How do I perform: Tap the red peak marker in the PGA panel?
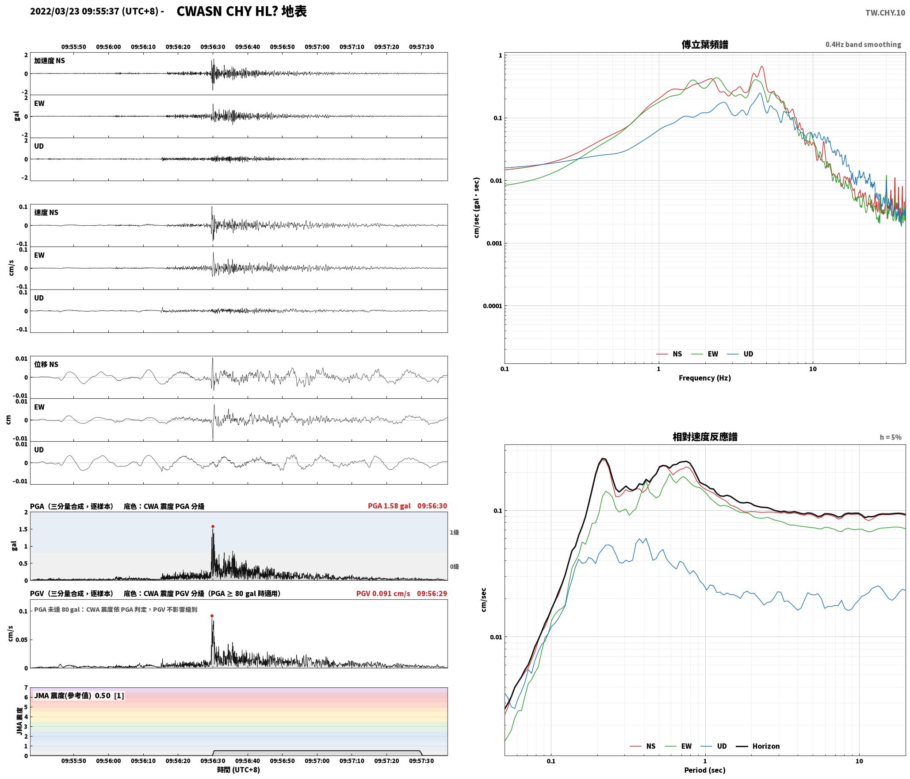point(213,527)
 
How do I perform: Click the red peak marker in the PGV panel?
point(212,616)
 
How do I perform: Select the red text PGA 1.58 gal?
point(389,506)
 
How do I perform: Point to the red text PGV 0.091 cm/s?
point(383,594)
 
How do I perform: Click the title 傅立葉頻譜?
point(705,44)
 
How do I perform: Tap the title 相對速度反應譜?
point(705,437)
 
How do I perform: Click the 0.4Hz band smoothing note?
point(863,44)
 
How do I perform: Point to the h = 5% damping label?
point(890,437)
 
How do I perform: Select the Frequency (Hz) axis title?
point(705,378)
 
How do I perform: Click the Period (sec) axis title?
point(705,770)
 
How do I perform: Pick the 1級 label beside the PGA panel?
point(454,532)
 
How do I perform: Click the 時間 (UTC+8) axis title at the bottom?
point(238,770)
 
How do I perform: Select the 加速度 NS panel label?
point(50,61)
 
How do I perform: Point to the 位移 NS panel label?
point(46,364)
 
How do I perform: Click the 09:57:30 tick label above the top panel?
point(421,46)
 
